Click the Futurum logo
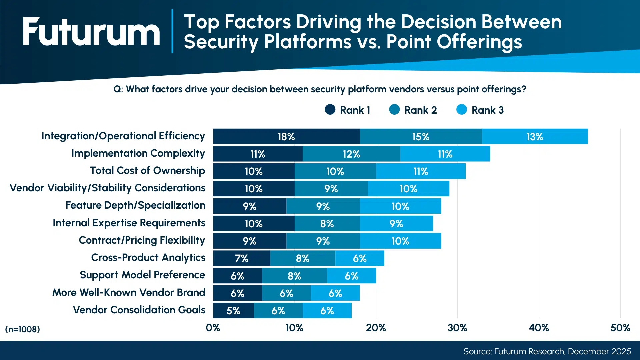coord(91,32)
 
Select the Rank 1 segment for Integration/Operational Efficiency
coord(286,137)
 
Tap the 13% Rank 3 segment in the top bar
coord(535,137)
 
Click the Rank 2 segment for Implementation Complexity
coord(351,154)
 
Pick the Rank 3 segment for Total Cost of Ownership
coord(421,171)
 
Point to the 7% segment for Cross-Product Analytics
coord(241,258)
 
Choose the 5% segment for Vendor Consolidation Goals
coord(233,311)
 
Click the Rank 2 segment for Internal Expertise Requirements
coord(327,224)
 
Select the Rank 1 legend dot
coord(330,110)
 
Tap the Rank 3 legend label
coord(487,110)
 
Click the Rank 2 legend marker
coord(394,110)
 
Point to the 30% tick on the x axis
coord(457,328)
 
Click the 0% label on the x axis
coord(213,328)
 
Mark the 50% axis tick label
coord(620,328)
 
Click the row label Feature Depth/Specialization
coord(135,205)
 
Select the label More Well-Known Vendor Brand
coord(129,292)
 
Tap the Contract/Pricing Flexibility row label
coord(142,240)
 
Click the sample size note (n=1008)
coord(22,329)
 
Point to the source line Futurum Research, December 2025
coord(547,351)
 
